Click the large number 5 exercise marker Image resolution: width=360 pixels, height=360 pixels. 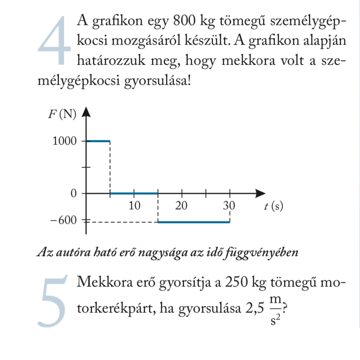point(53,301)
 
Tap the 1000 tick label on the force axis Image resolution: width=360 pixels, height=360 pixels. point(65,141)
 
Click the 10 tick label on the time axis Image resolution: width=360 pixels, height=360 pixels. point(134,205)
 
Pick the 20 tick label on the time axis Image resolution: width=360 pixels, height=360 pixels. point(181,205)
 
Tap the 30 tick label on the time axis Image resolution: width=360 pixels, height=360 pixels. point(229,205)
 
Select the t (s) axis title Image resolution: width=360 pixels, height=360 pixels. point(273,207)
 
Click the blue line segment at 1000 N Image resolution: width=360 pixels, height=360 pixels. point(98,141)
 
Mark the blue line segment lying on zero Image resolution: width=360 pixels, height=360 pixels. point(134,193)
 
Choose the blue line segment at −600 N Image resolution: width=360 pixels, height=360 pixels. point(194,222)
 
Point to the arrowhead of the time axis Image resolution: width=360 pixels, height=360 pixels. point(261,193)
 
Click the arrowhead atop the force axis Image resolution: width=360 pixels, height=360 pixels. point(86,111)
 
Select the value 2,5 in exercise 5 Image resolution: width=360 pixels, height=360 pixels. point(255,308)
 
